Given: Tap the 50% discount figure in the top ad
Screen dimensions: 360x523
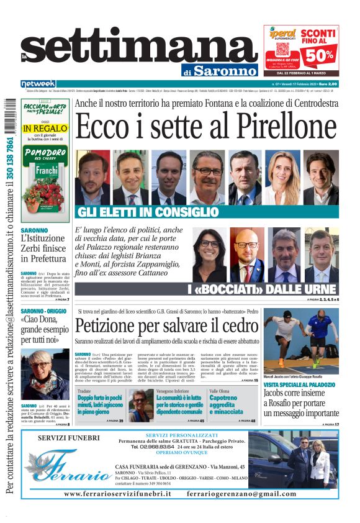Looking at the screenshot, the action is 318,55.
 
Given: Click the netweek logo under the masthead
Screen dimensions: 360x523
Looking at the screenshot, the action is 38,84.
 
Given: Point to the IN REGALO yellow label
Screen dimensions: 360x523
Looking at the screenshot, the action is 45,128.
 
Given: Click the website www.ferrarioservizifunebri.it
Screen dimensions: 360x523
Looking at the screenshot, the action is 117,493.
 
